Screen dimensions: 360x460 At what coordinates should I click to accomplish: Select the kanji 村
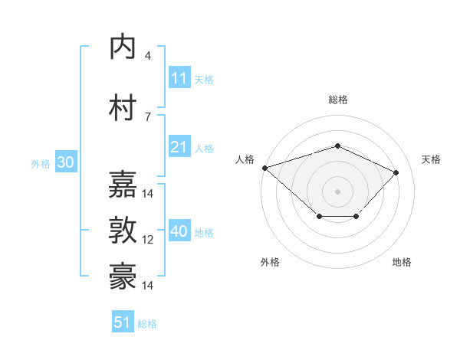tap(123, 107)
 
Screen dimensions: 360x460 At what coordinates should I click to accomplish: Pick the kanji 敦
tap(123, 231)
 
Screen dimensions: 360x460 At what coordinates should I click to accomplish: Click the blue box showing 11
tap(179, 78)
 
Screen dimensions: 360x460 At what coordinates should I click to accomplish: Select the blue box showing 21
tap(179, 147)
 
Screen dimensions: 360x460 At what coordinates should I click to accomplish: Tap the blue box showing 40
tap(179, 231)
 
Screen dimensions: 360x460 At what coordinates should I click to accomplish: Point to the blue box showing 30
tap(65, 163)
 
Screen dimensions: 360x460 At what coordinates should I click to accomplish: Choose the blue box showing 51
tap(123, 322)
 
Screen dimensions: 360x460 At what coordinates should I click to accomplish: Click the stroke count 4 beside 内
tap(148, 55)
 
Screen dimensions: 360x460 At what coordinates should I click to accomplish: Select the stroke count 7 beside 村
tap(148, 116)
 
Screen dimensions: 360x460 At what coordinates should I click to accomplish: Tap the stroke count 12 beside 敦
tap(148, 240)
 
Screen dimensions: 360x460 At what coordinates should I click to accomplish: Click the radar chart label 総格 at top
tap(337, 100)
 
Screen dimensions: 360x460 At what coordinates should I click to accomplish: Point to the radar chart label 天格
tap(431, 159)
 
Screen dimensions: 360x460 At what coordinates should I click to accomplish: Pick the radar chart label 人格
tap(245, 159)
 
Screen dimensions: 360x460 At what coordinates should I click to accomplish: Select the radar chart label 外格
tap(270, 262)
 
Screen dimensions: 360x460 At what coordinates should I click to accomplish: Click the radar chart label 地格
tap(402, 262)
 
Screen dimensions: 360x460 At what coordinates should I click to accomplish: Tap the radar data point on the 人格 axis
tap(264, 168)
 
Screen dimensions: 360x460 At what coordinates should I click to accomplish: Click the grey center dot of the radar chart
tap(337, 191)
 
